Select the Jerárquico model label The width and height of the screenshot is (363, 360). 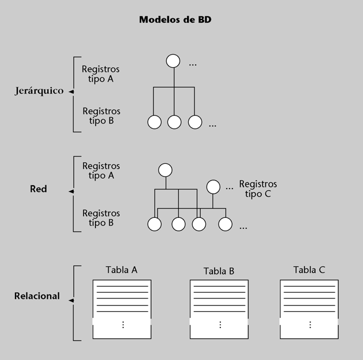[x=39, y=91]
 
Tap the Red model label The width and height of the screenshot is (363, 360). [x=39, y=189]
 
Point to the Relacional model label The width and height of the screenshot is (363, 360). [x=37, y=296]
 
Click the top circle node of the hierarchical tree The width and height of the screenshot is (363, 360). [x=173, y=61]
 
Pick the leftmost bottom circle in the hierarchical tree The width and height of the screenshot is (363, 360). [x=154, y=122]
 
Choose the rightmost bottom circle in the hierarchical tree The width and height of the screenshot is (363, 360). [x=196, y=122]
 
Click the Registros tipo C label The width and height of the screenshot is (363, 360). [x=258, y=189]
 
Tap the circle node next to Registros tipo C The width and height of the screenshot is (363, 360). [x=213, y=187]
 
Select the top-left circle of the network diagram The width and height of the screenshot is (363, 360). [x=166, y=170]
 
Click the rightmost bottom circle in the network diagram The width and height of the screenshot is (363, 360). [x=224, y=224]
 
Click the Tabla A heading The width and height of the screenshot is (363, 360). [x=121, y=270]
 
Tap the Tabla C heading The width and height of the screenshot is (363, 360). [x=309, y=270]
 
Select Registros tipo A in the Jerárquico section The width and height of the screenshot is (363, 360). [x=101, y=74]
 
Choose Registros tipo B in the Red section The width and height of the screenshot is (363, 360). [x=101, y=218]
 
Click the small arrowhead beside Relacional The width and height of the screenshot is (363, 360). [x=71, y=300]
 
